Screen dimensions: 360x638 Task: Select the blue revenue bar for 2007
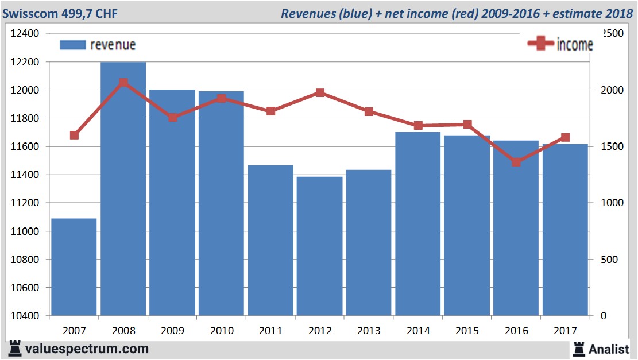pos(74,267)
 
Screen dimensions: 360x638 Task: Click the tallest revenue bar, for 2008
pos(123,189)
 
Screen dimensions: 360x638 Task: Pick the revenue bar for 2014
pos(418,224)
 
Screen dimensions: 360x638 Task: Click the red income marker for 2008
pos(123,83)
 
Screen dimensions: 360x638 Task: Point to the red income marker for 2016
pos(516,162)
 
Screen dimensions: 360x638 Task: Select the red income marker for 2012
pos(320,92)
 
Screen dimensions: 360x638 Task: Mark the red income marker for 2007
pos(74,135)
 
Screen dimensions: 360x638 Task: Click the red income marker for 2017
pos(565,137)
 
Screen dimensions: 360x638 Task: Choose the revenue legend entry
pos(98,45)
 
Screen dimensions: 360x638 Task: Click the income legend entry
pos(560,44)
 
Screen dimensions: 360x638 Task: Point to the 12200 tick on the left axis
pos(25,61)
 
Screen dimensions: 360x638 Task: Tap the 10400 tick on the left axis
pos(25,316)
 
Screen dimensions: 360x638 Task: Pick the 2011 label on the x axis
pos(270,331)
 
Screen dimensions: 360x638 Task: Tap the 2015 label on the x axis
pos(467,331)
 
